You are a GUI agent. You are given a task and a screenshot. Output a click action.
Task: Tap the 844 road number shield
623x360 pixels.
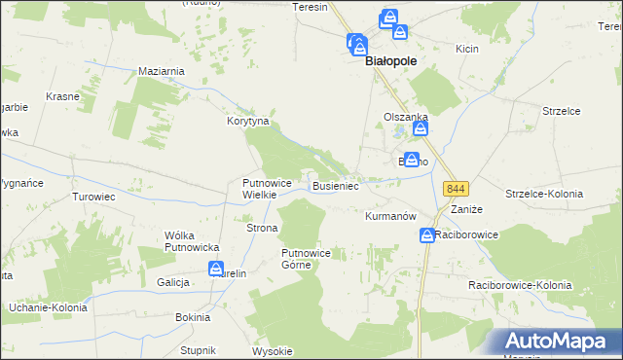(453, 188)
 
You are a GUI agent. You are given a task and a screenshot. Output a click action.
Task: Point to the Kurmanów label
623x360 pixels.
(390, 215)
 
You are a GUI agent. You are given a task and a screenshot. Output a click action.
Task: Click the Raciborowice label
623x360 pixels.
(467, 235)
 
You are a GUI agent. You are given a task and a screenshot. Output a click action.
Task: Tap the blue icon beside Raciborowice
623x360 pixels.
(427, 235)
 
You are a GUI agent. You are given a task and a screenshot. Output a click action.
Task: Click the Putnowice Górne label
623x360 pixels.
(307, 259)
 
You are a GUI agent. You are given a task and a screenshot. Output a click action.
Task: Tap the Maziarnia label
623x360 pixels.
(162, 71)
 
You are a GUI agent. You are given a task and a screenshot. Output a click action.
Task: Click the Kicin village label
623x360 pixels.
(467, 48)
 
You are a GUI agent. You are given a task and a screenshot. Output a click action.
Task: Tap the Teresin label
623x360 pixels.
(311, 6)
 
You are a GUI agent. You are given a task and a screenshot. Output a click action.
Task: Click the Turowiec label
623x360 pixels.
(94, 196)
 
